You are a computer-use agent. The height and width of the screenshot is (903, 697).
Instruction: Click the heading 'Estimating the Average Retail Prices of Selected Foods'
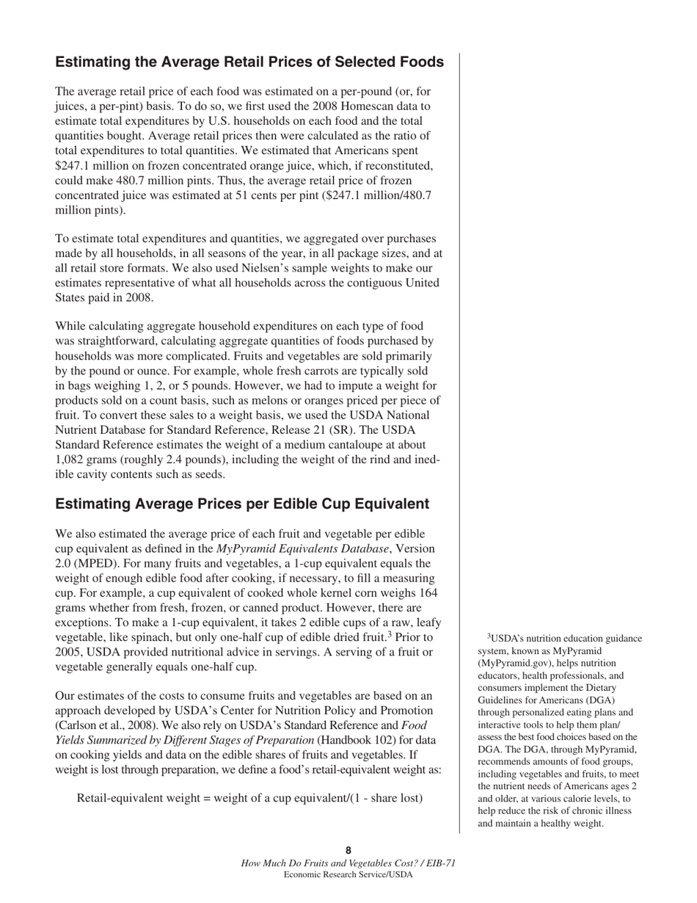(x=249, y=62)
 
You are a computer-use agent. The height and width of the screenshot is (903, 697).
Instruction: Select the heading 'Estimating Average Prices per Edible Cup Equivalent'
(x=242, y=504)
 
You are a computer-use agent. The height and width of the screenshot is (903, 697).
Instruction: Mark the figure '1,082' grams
(x=71, y=460)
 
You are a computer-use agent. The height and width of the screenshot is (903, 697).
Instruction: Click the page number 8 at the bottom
(x=348, y=851)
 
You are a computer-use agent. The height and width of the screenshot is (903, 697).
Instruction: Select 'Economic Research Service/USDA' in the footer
(x=348, y=874)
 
